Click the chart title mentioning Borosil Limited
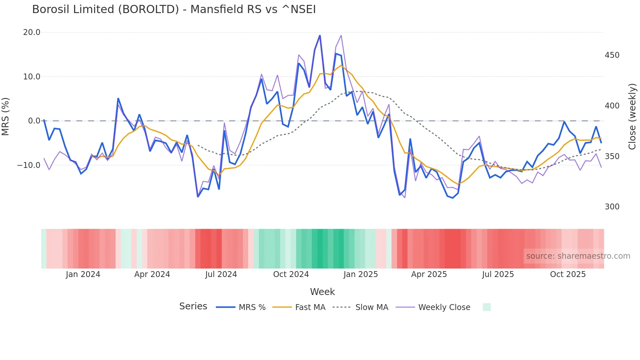[174, 9]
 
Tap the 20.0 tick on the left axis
[32, 32]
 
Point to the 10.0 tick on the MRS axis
[32, 77]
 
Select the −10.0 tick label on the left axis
[29, 165]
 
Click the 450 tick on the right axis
[612, 55]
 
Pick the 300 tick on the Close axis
[612, 207]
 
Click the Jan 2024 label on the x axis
[83, 274]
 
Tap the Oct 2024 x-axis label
[291, 274]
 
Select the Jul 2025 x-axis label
[498, 274]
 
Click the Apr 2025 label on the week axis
[429, 274]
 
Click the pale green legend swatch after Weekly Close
[487, 307]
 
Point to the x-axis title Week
[322, 292]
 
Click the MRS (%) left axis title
[6, 116]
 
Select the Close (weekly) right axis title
[632, 116]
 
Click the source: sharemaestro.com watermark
[578, 256]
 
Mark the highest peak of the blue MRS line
[320, 36]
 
